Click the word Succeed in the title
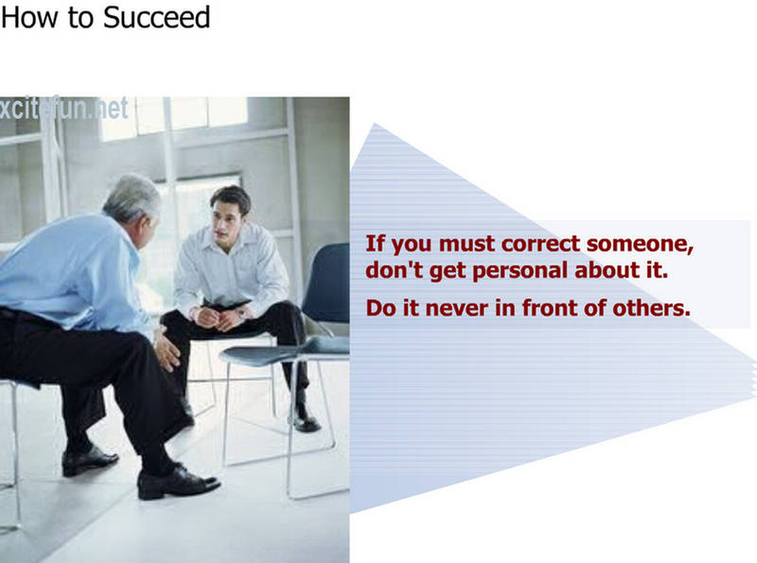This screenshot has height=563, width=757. [156, 17]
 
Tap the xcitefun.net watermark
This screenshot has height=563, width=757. [63, 108]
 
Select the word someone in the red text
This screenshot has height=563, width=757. [641, 244]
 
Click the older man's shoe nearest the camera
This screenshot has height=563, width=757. [178, 482]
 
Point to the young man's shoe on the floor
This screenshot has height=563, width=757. [305, 419]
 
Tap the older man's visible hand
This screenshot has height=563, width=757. [167, 351]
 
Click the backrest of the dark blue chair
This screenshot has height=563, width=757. [327, 283]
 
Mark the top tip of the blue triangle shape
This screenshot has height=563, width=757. [375, 124]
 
